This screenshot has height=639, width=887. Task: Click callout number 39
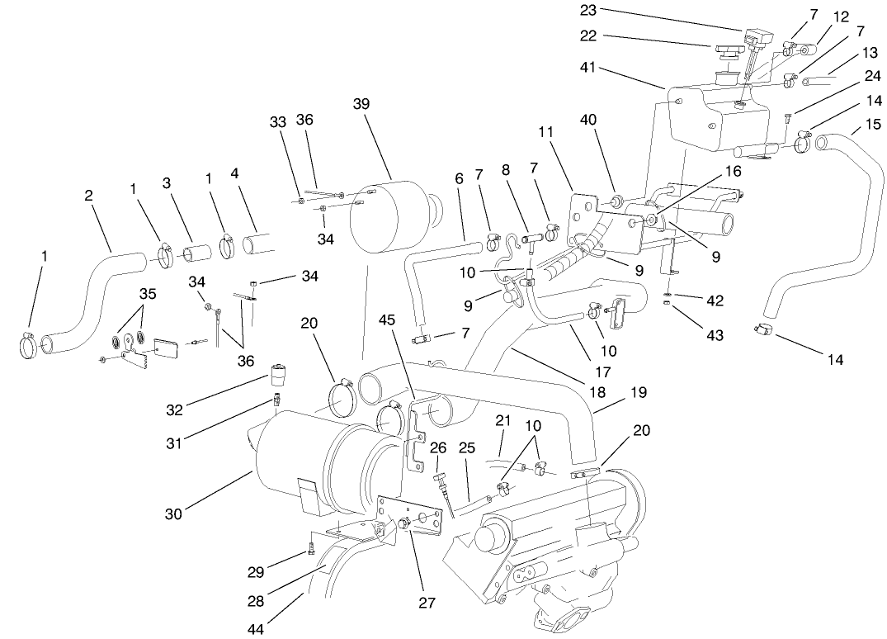point(361,104)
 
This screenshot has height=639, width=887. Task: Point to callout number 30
point(172,514)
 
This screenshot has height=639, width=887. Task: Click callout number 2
point(87,196)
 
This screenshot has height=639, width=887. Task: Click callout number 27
point(426,602)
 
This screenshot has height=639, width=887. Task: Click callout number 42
point(715,301)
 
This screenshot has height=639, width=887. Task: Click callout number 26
point(439,448)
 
